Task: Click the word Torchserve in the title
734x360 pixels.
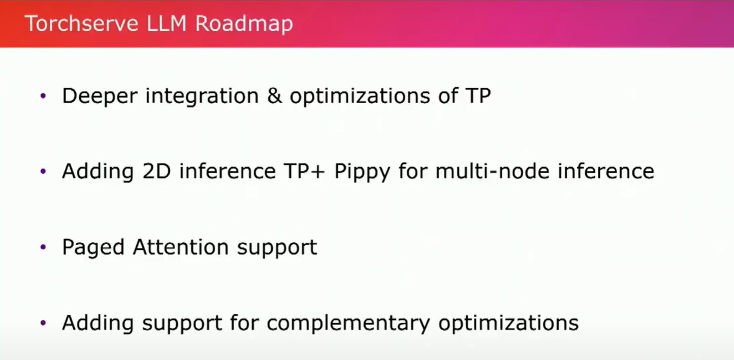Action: tap(82, 23)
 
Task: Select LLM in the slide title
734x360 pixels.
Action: tap(167, 23)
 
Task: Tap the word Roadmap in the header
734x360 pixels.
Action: tap(244, 24)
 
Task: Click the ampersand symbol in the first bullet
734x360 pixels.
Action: tap(274, 96)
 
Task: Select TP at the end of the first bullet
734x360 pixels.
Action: tap(478, 95)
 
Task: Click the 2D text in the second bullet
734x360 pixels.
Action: tap(156, 171)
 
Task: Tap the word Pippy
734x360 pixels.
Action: tap(362, 172)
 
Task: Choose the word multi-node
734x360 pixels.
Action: tap(492, 171)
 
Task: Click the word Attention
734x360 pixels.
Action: tap(181, 247)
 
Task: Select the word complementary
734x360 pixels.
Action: tap(348, 323)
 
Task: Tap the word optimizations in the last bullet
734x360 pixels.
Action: tap(508, 323)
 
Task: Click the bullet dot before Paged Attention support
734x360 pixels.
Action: tap(43, 247)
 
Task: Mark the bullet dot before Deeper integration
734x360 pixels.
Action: tap(43, 95)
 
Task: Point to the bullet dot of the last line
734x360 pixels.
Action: tap(43, 323)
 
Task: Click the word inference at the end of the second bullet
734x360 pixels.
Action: tap(606, 171)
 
